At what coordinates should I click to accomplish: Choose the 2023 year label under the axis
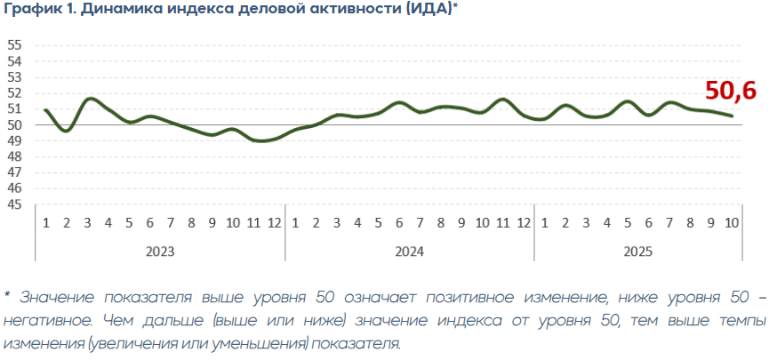(160, 252)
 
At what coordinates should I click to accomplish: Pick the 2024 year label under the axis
(409, 252)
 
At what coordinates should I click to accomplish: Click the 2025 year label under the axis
(637, 252)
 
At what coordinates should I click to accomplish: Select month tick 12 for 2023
(275, 222)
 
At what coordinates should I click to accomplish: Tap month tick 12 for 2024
(524, 222)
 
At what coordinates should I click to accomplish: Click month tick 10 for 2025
(732, 222)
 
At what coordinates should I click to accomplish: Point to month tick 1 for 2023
(45, 222)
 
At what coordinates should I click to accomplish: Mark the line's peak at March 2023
(89, 99)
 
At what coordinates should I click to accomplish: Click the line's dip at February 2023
(67, 131)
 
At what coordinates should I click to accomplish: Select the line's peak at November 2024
(503, 99)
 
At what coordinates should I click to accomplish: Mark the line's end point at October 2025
(732, 116)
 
